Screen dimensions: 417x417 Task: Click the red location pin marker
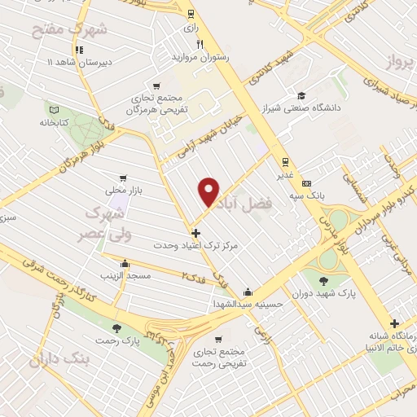(209, 191)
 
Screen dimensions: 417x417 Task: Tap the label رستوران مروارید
(200, 57)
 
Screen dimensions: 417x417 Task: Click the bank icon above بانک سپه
(306, 184)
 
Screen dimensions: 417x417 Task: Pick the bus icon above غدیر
(284, 161)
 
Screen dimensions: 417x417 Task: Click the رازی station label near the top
(191, 27)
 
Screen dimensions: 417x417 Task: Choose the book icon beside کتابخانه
(54, 110)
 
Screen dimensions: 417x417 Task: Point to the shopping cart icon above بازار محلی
(122, 177)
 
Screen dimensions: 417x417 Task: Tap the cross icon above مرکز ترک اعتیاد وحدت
(194, 233)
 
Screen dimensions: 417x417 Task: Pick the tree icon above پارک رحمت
(117, 327)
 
